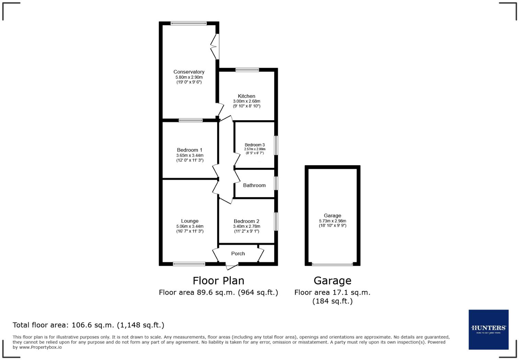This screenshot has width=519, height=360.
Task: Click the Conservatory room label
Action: click(189, 72)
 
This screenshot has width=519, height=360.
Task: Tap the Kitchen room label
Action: click(246, 96)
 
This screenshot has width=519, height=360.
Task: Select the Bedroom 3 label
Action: click(254, 145)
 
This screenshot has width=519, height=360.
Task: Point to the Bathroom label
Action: click(254, 185)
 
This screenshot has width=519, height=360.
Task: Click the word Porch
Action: click(238, 254)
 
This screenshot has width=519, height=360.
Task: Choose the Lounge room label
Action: click(189, 221)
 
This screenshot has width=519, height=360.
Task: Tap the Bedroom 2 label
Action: click(246, 221)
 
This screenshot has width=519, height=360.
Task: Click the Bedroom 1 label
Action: click(189, 150)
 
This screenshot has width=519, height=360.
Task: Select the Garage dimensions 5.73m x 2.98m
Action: click(332, 221)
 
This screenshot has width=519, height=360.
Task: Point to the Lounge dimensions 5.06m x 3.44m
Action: click(189, 226)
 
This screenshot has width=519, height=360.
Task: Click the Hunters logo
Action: click(488, 329)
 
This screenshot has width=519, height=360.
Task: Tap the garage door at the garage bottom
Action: click(332, 264)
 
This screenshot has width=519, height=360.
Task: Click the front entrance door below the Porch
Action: click(232, 266)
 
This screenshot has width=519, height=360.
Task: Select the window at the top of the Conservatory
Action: click(188, 23)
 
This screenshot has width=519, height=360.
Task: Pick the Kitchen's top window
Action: click(247, 70)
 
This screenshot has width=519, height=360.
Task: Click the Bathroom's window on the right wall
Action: click(276, 183)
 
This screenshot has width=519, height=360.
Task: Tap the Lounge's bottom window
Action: click(189, 264)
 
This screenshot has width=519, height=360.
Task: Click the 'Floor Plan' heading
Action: click(218, 281)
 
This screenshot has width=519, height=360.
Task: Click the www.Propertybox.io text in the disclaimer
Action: click(41, 347)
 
